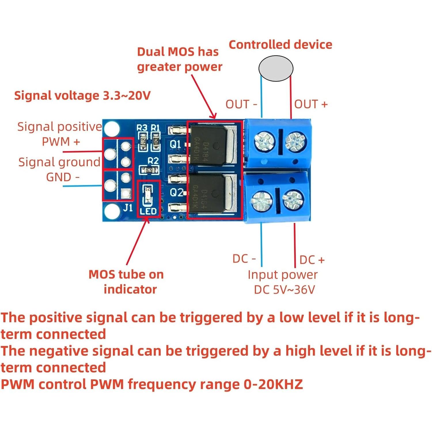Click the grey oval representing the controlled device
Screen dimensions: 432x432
276,68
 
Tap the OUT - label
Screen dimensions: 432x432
241,104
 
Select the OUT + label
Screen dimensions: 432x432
311,104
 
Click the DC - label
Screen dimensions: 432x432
244,259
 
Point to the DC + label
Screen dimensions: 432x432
312,260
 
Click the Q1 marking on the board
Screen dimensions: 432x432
175,144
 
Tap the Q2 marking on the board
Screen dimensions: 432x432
176,192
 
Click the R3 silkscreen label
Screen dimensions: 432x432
142,128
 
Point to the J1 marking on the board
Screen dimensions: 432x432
128,207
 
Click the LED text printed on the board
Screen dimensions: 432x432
148,211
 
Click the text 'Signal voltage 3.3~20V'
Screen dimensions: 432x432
82,95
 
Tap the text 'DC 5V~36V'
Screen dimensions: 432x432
284,290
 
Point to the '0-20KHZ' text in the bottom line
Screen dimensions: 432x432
273,384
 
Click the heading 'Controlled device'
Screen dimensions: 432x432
280,45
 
